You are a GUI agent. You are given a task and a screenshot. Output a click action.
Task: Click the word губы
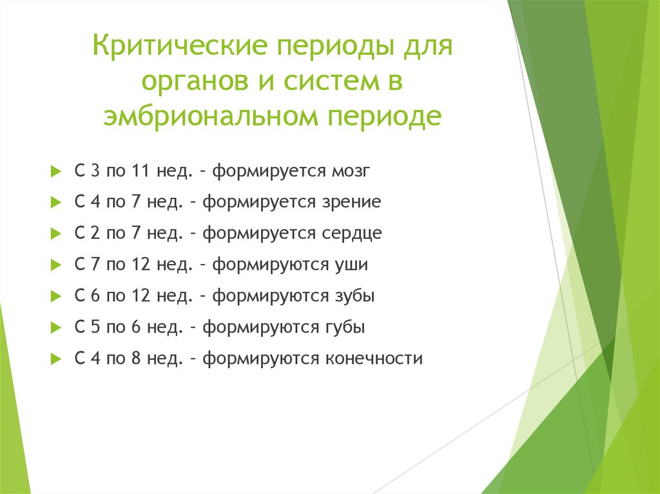[342, 327]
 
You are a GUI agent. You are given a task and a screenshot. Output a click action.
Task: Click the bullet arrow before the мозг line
[55, 172]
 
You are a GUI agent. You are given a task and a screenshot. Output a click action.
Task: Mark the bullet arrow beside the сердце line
[55, 234]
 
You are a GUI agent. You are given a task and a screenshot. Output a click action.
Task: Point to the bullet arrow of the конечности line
[55, 359]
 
